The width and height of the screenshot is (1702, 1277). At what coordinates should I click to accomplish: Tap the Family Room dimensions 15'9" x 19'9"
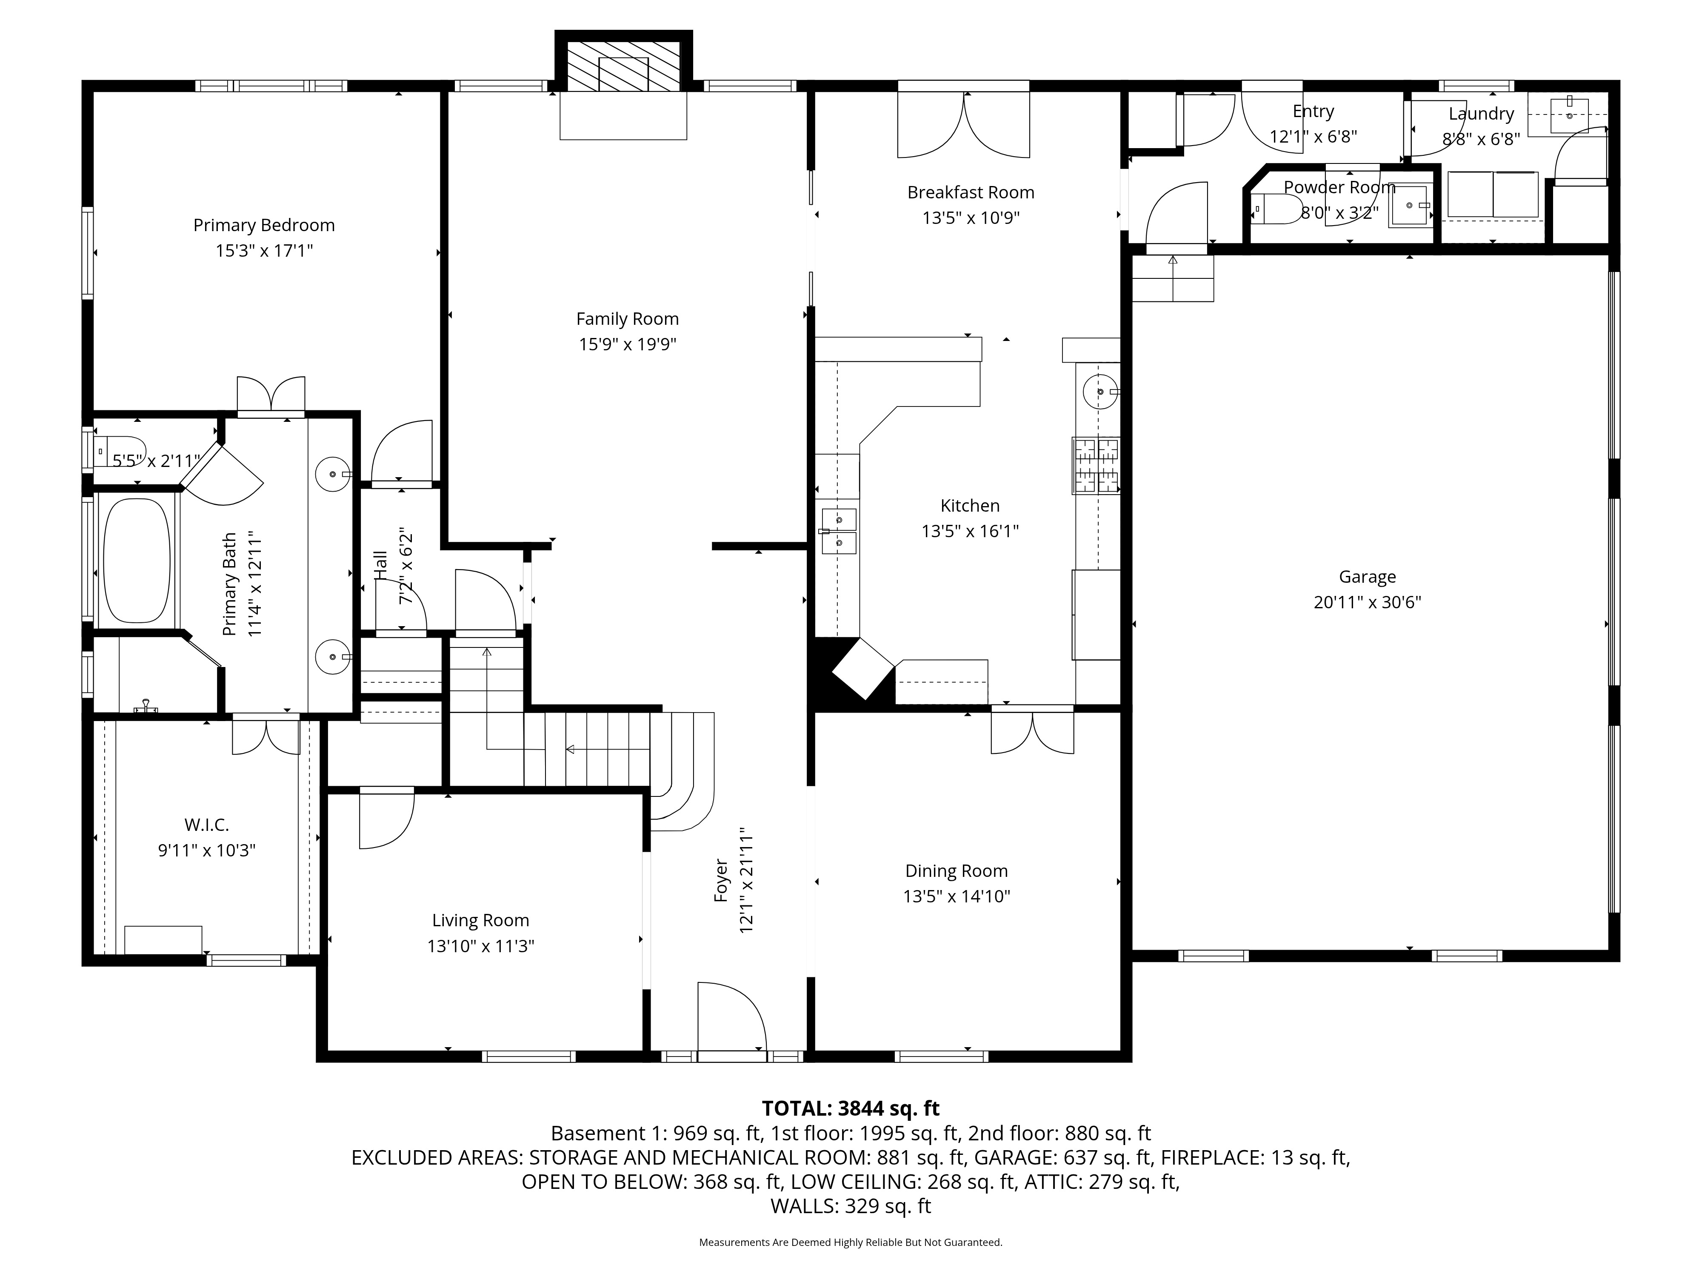pyautogui.click(x=627, y=344)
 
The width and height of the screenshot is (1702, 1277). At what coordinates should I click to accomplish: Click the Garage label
pyautogui.click(x=1367, y=576)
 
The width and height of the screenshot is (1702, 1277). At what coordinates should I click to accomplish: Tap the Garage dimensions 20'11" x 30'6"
pyautogui.click(x=1367, y=602)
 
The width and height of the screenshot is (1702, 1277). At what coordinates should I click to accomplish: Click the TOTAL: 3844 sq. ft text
pyautogui.click(x=850, y=1108)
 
